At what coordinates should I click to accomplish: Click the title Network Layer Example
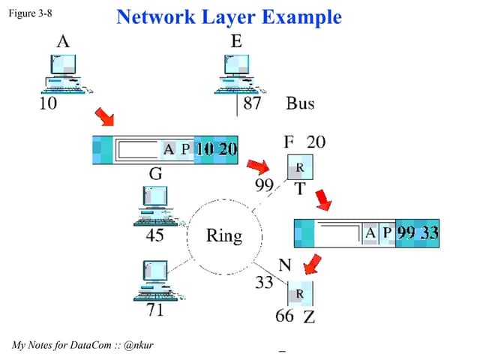229,17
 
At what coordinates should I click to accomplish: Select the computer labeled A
63,75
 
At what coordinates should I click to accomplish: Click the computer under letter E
235,74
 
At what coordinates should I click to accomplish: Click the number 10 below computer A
47,104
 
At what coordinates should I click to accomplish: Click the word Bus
300,103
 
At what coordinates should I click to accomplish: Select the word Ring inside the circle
224,237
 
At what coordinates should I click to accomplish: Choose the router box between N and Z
299,292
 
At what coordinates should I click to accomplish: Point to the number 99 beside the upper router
265,184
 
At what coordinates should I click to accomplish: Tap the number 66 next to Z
284,316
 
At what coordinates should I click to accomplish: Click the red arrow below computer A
104,117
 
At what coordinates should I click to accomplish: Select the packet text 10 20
216,149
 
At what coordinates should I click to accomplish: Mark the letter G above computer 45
155,174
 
